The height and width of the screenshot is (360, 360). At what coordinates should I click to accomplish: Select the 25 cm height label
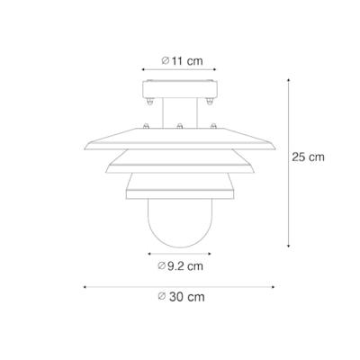coord(309,157)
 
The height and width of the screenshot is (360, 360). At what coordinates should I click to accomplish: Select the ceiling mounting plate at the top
coord(180,92)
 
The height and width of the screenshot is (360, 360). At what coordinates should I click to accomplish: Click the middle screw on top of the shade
coord(180,125)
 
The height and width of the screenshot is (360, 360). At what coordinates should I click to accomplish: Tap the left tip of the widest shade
coord(84,147)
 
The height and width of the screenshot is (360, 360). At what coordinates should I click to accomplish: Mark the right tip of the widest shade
coord(276,147)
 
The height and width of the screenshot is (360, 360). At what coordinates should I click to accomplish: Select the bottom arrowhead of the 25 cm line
coord(287,245)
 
